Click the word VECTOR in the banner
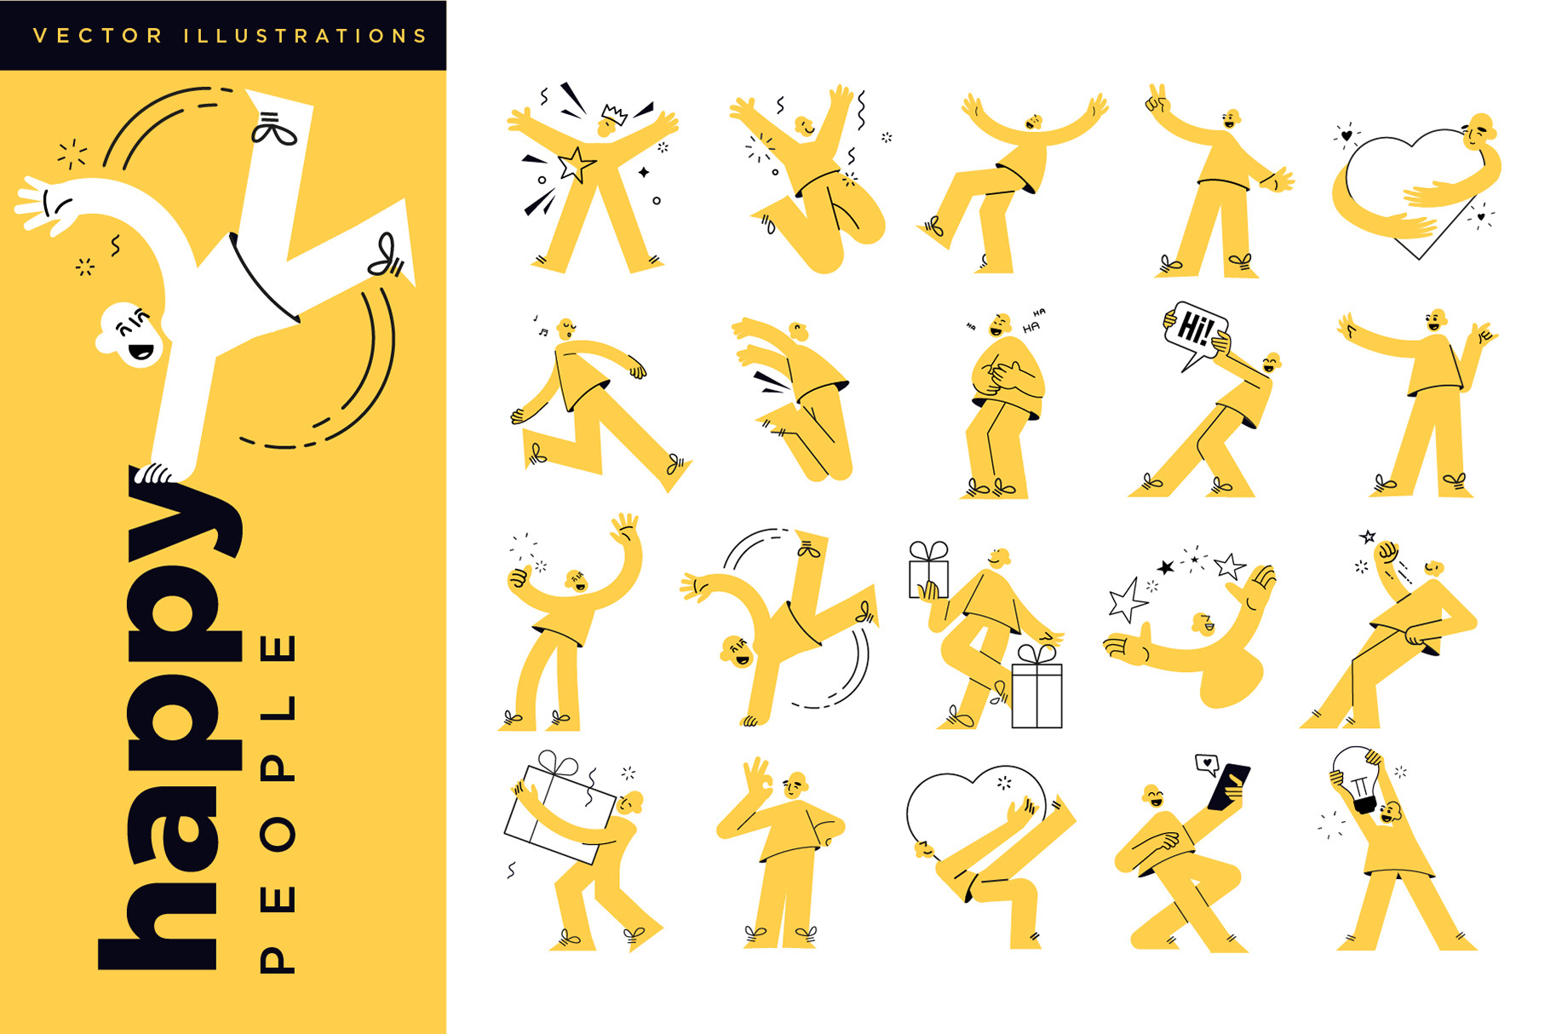(x=97, y=36)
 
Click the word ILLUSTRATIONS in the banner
(x=305, y=36)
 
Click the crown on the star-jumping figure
(x=614, y=113)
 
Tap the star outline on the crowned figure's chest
(x=577, y=164)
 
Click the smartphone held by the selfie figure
(x=1229, y=785)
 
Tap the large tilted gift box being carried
(x=560, y=810)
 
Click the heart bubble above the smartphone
(x=1207, y=763)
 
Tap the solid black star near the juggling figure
(x=1166, y=566)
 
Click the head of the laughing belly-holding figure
(x=1000, y=325)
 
